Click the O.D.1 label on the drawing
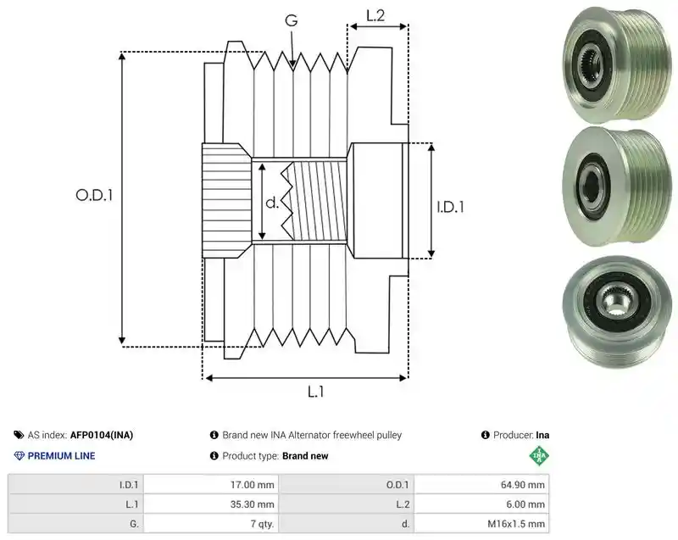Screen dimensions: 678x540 click(94, 196)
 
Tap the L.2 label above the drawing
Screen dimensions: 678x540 click(375, 15)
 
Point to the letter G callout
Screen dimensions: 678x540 click(292, 19)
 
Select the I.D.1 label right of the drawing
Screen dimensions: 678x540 click(450, 207)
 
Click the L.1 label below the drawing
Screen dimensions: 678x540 click(315, 392)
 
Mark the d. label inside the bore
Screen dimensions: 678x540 click(272, 203)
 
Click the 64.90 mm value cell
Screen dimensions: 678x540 click(481, 485)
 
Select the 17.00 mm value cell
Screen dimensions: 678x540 click(211, 485)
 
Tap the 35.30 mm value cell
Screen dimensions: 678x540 click(211, 504)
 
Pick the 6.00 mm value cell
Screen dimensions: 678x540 click(481, 504)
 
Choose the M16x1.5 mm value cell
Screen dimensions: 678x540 click(481, 524)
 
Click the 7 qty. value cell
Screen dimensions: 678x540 click(211, 524)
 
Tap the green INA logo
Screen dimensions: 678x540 click(539, 456)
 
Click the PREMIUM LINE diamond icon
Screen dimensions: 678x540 click(19, 456)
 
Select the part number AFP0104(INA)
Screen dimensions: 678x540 click(102, 435)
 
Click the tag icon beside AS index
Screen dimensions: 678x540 click(19, 435)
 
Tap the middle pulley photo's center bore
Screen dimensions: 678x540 click(591, 184)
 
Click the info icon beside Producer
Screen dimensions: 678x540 click(485, 435)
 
